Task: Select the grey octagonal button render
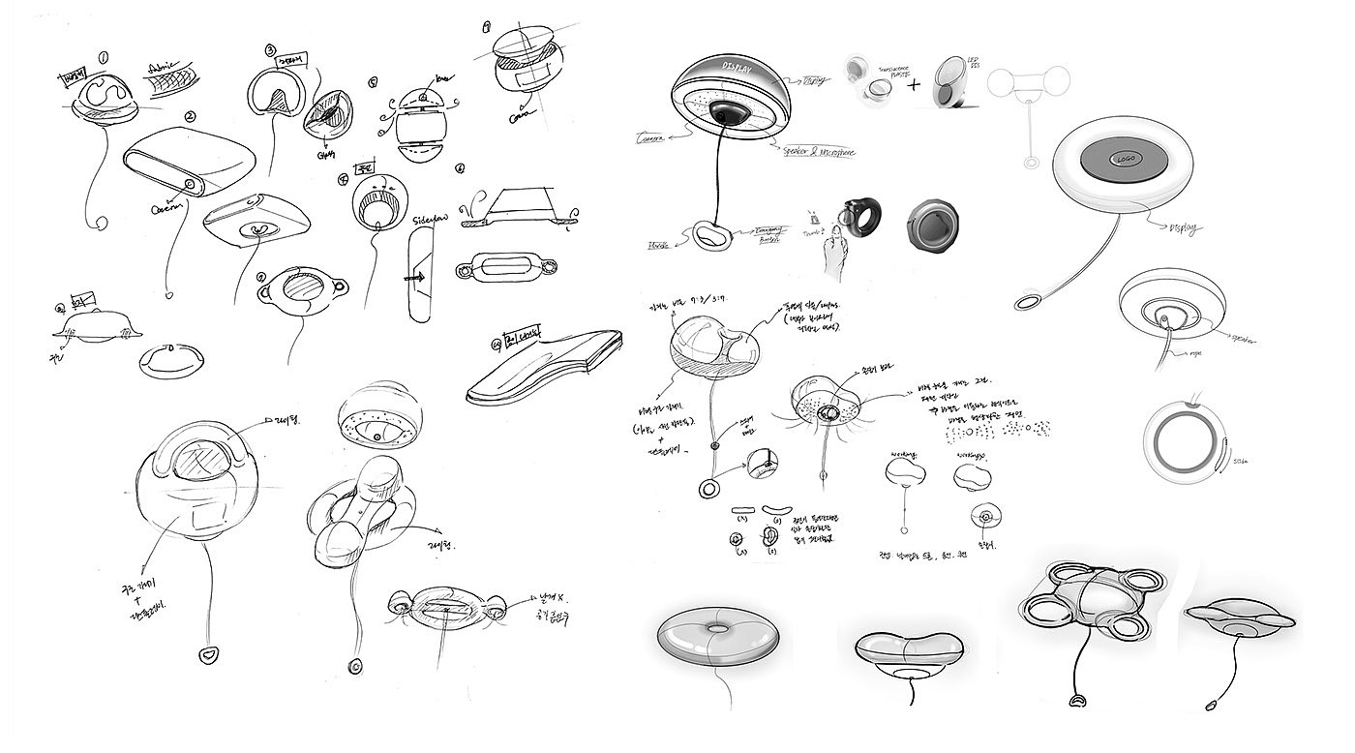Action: click(x=935, y=227)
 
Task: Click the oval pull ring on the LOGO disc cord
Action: click(x=1027, y=303)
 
